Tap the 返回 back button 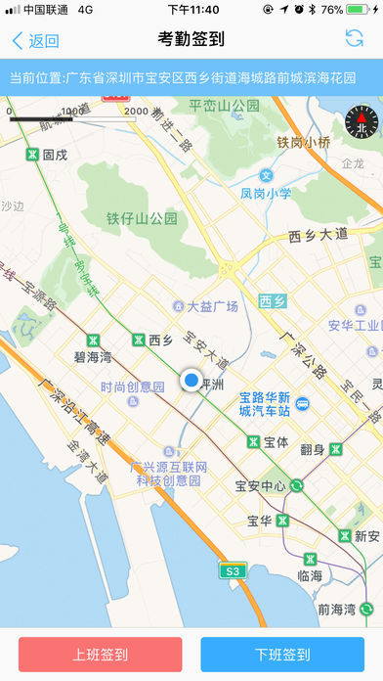pyautogui.click(x=35, y=41)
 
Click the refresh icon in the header pyautogui.click(x=354, y=39)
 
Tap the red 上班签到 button pyautogui.click(x=100, y=655)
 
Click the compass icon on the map pyautogui.click(x=361, y=122)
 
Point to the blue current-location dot pyautogui.click(x=191, y=381)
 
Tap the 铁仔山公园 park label pyautogui.click(x=143, y=218)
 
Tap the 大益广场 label pyautogui.click(x=213, y=306)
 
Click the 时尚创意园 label pyautogui.click(x=132, y=386)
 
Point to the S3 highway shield pyautogui.click(x=232, y=570)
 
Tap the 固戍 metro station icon pyautogui.click(x=32, y=155)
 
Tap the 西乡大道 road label pyautogui.click(x=318, y=235)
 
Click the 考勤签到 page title pyautogui.click(x=191, y=40)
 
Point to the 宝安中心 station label pyautogui.click(x=260, y=485)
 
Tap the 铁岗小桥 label pyautogui.click(x=304, y=142)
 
